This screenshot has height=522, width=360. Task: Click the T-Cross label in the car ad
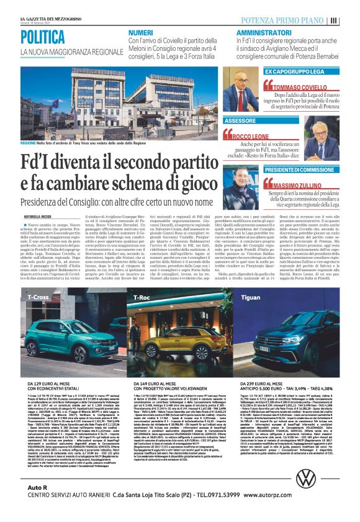click(38, 297)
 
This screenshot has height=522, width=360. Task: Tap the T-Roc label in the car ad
click(142, 298)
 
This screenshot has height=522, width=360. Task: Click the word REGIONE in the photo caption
click(29, 142)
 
